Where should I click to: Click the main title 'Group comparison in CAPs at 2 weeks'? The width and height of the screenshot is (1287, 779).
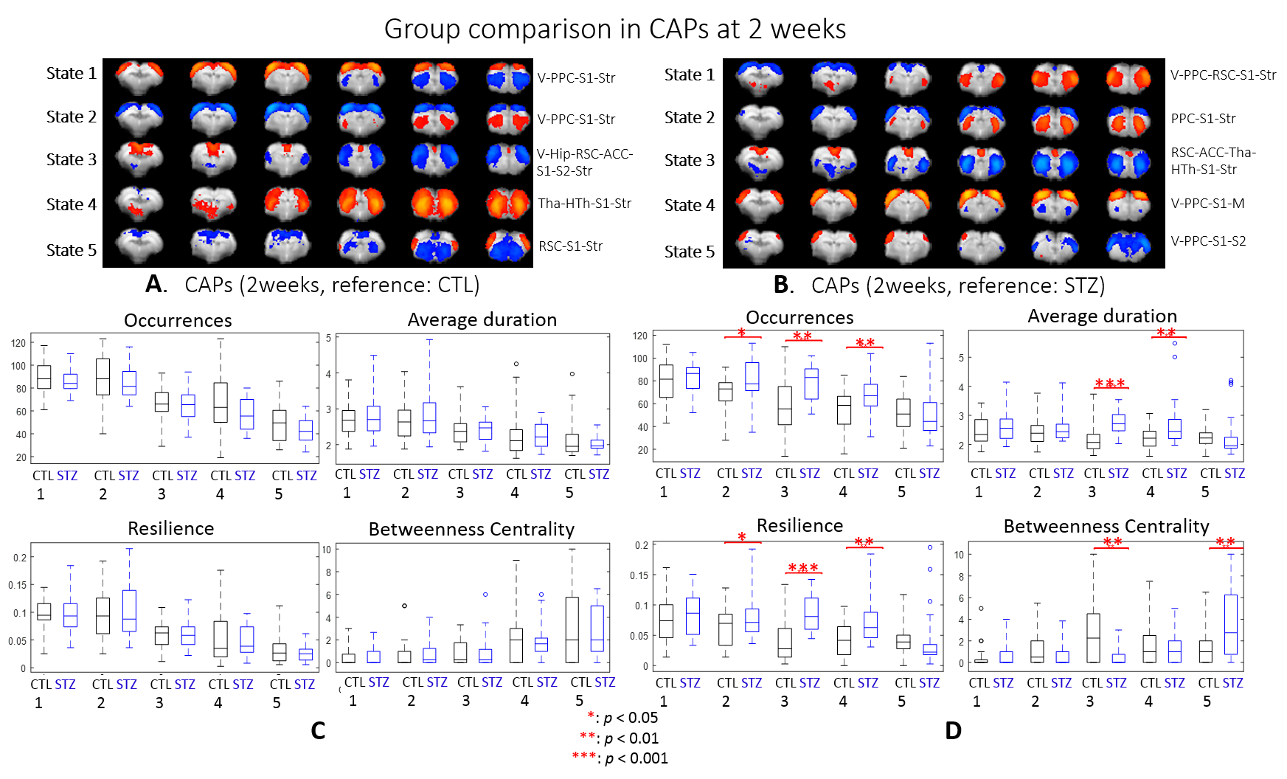[614, 30]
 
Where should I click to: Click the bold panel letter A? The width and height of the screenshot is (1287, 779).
[155, 284]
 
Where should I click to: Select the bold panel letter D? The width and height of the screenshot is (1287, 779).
[953, 730]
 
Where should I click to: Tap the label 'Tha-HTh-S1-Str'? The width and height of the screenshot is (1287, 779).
[584, 204]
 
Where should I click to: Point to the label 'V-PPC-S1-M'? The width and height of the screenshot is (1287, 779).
[1207, 204]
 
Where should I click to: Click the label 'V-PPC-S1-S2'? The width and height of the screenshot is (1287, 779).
[1208, 241]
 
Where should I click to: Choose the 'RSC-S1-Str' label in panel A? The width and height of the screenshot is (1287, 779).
[570, 246]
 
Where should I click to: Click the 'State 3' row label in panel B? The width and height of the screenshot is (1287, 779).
[689, 161]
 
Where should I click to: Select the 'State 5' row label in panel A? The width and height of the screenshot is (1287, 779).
[71, 251]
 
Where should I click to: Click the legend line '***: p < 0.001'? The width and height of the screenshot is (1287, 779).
[620, 758]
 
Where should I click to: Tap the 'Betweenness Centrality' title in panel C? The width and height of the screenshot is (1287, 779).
[471, 530]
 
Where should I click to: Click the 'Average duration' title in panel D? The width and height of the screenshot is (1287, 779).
[1102, 316]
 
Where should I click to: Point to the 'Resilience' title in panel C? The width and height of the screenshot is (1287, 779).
[170, 529]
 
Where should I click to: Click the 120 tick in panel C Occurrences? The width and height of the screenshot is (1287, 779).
[18, 343]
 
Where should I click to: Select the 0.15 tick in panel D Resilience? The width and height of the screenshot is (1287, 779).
[639, 575]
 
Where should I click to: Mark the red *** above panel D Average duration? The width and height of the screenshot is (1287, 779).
[1110, 384]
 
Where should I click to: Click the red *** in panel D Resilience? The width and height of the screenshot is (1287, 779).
[803, 568]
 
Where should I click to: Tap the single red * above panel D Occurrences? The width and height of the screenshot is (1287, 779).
[742, 333]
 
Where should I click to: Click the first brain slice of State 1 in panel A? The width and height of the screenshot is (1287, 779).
[140, 77]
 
